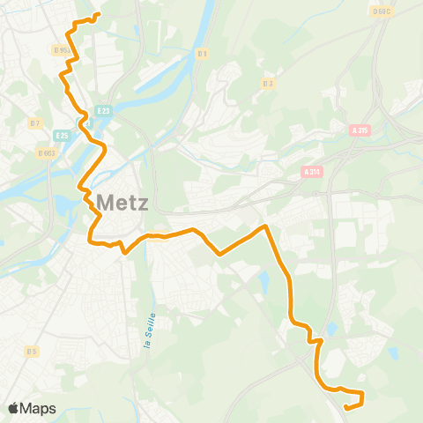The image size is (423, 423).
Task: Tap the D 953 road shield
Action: pyautogui.click(x=60, y=50)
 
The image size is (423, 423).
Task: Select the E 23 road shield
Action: pyautogui.click(x=104, y=110)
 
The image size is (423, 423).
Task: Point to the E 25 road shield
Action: pyautogui.click(x=62, y=135)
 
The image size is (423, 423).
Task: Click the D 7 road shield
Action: pyautogui.click(x=35, y=123)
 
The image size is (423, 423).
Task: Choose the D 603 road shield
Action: pyautogui.click(x=46, y=152)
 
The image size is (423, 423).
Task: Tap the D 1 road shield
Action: pyautogui.click(x=203, y=54)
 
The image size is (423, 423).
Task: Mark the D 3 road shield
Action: pyautogui.click(x=268, y=84)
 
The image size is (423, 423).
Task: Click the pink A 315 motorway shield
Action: pyautogui.click(x=359, y=130)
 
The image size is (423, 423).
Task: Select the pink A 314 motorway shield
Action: pyautogui.click(x=311, y=171)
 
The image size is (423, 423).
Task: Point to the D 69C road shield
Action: pyautogui.click(x=381, y=11)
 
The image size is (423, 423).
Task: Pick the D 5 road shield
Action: pyautogui.click(x=33, y=352)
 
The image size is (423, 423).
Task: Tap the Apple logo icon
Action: pyautogui.click(x=13, y=408)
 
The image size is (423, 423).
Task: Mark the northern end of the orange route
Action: pyautogui.click(x=97, y=15)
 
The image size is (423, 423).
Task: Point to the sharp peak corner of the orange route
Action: pyautogui.click(x=263, y=226)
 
